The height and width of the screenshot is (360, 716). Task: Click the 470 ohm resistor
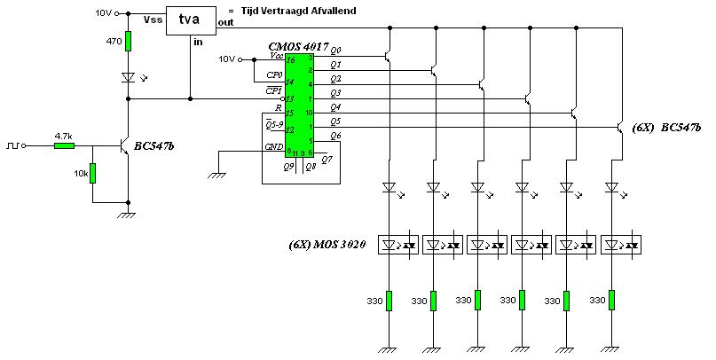(x=128, y=41)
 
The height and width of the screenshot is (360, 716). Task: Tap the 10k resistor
(x=93, y=174)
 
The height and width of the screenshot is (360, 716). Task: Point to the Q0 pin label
(x=335, y=51)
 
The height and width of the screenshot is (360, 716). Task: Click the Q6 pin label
(x=335, y=136)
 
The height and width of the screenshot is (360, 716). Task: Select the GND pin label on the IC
(x=274, y=147)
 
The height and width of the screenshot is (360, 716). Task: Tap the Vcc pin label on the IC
(x=276, y=56)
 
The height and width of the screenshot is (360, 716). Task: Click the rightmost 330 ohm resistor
(x=611, y=301)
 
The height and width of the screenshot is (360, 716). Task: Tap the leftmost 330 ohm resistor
(x=389, y=301)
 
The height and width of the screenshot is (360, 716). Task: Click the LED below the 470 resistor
(x=128, y=77)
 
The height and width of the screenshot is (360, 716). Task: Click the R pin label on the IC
(x=279, y=107)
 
